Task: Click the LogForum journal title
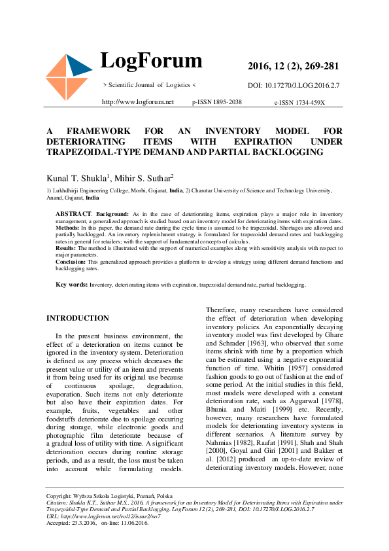pyautogui.click(x=151, y=61)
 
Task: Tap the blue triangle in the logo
pyautogui.click(x=79, y=66)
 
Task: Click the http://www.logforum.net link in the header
pyautogui.click(x=138, y=102)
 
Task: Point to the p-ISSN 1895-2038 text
pyautogui.click(x=217, y=102)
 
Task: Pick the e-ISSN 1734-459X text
pyautogui.click(x=299, y=103)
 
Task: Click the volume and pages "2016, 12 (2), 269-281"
pyautogui.click(x=293, y=66)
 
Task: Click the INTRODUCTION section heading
pyautogui.click(x=78, y=318)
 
